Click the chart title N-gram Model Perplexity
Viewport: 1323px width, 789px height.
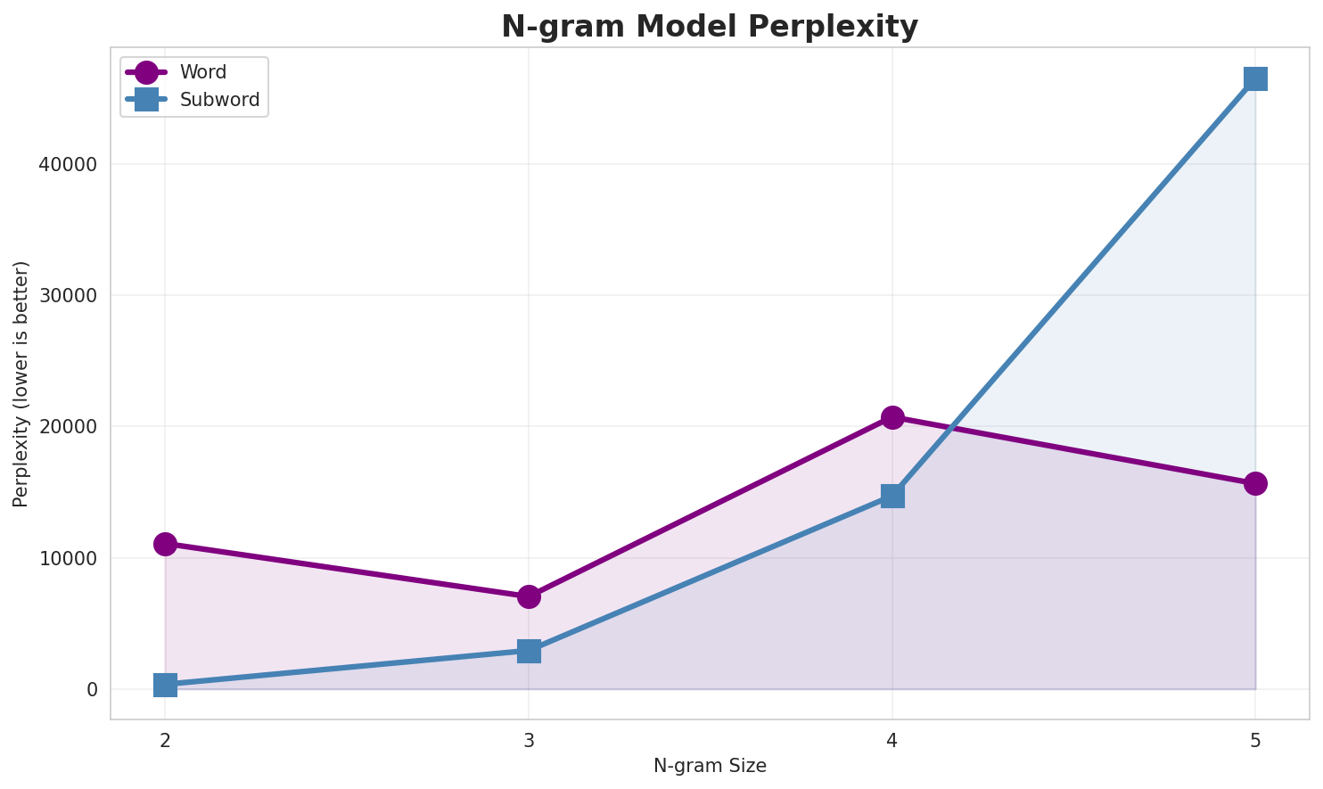(710, 27)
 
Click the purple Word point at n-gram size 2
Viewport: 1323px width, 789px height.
(165, 544)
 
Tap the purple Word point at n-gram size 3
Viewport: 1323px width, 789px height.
(529, 596)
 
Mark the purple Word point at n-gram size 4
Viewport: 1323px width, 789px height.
(892, 417)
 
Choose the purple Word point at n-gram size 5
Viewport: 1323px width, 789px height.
(1255, 483)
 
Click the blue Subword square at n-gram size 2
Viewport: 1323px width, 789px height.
(165, 685)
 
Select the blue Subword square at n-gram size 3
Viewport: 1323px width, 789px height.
(529, 651)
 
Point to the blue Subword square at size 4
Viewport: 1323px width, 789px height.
(892, 496)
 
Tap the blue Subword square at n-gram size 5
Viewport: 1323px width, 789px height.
(1255, 78)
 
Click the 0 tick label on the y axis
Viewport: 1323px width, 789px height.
(92, 690)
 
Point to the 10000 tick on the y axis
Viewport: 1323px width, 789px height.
(70, 559)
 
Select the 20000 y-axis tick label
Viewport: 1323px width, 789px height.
(70, 427)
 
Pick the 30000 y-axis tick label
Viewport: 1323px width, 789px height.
(70, 296)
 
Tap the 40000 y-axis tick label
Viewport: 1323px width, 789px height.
(70, 165)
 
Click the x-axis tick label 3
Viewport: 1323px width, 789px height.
(529, 740)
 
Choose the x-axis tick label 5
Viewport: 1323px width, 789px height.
(1255, 740)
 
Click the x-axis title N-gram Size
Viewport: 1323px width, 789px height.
(710, 766)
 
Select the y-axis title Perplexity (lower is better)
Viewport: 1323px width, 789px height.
(21, 383)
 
